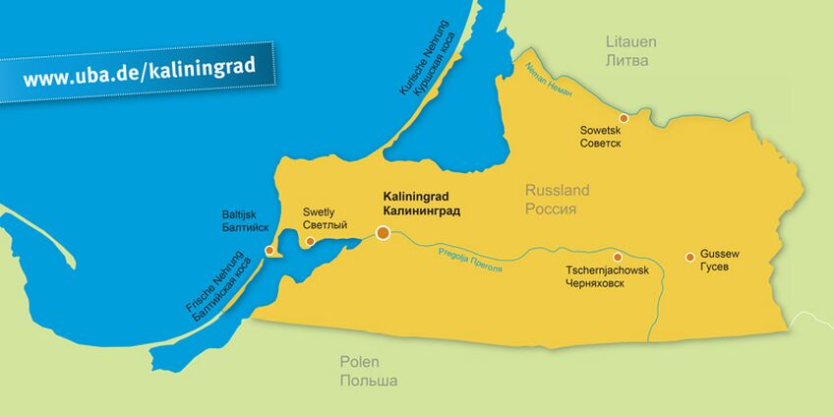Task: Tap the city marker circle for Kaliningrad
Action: (x=383, y=233)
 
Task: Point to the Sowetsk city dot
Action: (x=623, y=117)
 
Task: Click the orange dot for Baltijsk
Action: (x=270, y=251)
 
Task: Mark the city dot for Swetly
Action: (x=310, y=241)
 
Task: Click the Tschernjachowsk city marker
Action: (x=618, y=257)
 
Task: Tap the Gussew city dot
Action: (x=689, y=257)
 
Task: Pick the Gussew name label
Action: (x=719, y=254)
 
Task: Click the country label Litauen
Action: (x=629, y=42)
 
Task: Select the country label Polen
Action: (x=359, y=362)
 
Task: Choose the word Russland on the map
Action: (x=557, y=191)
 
